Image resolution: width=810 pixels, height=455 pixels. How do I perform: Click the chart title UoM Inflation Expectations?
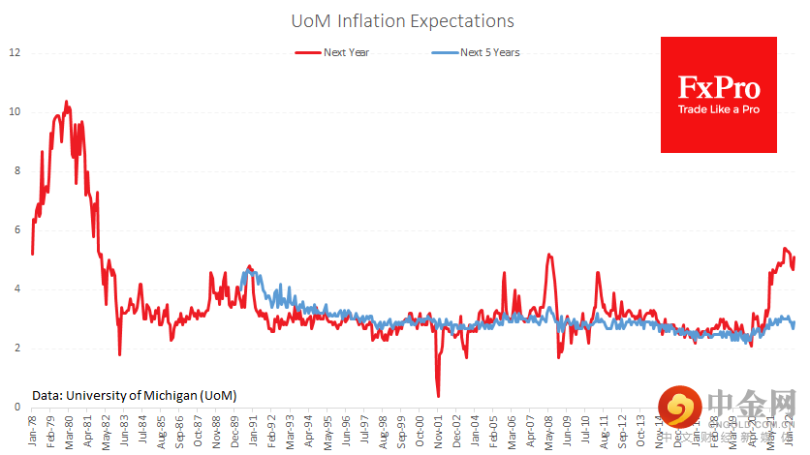click(x=402, y=20)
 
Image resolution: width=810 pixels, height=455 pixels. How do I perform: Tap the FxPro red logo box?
click(x=718, y=94)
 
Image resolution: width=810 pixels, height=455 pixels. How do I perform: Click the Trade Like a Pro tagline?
click(x=718, y=109)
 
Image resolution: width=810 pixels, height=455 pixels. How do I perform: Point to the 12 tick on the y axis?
click(x=14, y=52)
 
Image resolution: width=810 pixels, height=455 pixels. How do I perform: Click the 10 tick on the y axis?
click(x=14, y=111)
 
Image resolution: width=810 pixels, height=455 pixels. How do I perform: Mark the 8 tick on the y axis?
click(x=14, y=170)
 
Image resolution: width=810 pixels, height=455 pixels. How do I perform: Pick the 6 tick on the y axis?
click(x=14, y=229)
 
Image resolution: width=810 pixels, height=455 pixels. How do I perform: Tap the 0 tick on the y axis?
click(x=14, y=408)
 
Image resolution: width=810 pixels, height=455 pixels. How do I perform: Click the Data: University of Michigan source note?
click(x=134, y=395)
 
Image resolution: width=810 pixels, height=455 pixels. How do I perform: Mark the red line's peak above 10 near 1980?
click(x=66, y=101)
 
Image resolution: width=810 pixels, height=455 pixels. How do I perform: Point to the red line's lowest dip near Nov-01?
click(x=438, y=396)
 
